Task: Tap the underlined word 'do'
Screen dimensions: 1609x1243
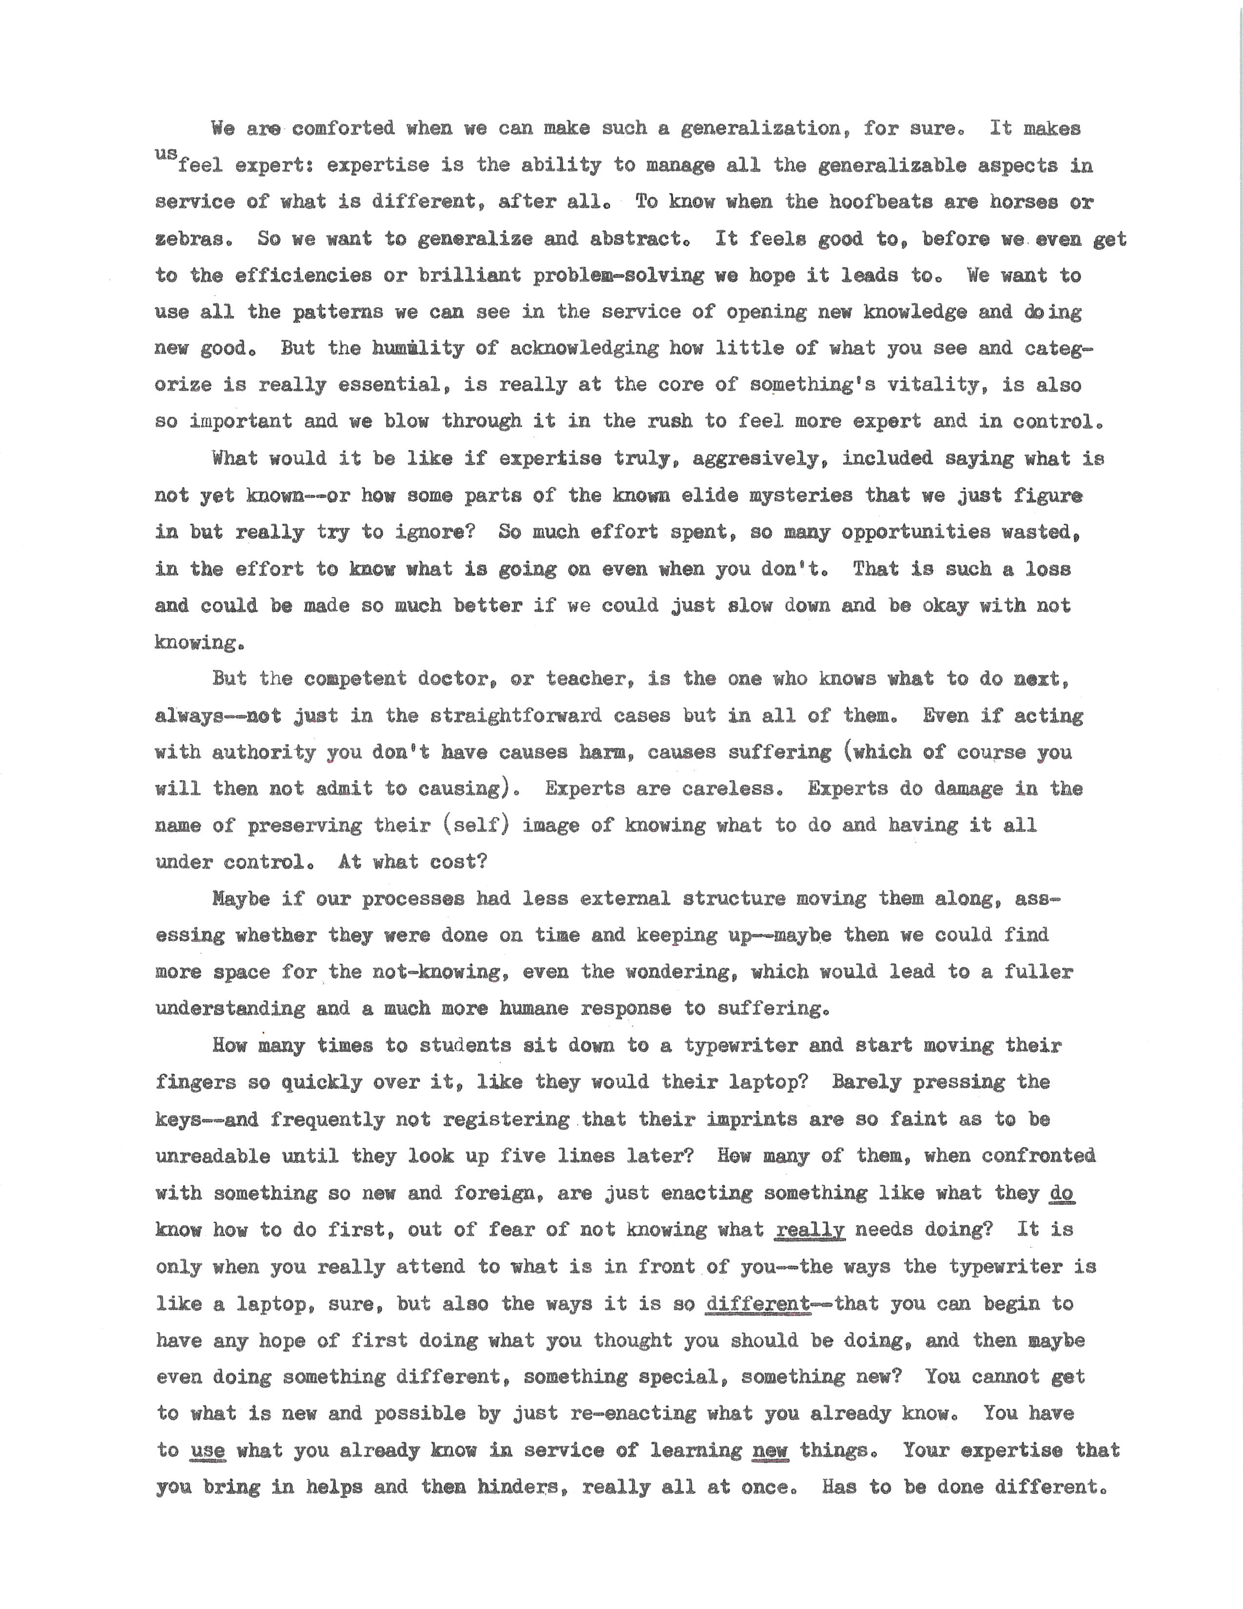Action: pyautogui.click(x=1062, y=1192)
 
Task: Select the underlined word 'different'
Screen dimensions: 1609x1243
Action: pyautogui.click(x=757, y=1303)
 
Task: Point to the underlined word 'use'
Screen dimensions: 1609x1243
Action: pyautogui.click(x=208, y=1450)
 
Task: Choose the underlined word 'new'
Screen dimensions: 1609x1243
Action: pyautogui.click(x=770, y=1450)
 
